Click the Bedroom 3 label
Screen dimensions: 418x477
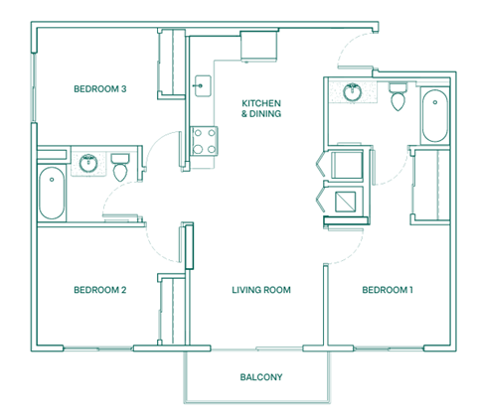pos(99,89)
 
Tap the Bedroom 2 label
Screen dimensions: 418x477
pos(99,290)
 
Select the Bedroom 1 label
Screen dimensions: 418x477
pos(388,290)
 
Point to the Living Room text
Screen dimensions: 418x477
pos(260,290)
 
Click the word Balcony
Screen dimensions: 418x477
pos(262,377)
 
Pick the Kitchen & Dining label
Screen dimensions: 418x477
pos(262,108)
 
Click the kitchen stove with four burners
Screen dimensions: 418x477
pos(205,140)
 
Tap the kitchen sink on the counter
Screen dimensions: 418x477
pos(203,86)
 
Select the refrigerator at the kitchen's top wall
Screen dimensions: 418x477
pos(260,45)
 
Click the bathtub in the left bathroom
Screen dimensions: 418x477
pos(51,193)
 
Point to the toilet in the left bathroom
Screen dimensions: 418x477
pos(121,167)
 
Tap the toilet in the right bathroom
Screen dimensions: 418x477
pos(397,98)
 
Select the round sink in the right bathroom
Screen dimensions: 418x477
pos(351,92)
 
